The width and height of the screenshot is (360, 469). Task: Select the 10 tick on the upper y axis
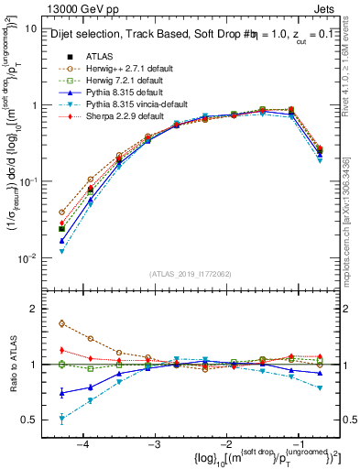[x=30, y=28]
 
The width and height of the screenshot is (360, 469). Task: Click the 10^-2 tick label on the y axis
[x=27, y=258]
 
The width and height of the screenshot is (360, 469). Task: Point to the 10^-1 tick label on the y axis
[x=27, y=181]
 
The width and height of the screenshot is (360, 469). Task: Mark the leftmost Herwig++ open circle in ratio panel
[x=61, y=323]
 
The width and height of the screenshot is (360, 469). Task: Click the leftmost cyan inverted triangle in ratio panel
[x=61, y=420]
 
